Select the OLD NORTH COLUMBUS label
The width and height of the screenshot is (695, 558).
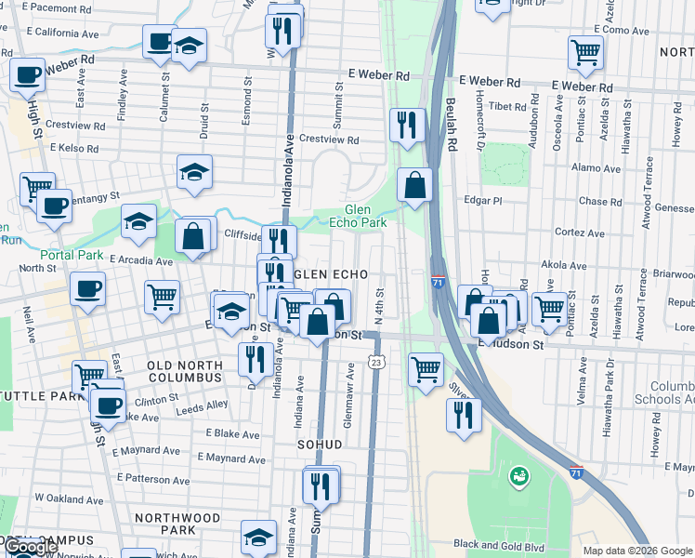pos(184,371)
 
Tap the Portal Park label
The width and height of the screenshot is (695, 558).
pos(72,254)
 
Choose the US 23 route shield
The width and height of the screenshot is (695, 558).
pos(375,360)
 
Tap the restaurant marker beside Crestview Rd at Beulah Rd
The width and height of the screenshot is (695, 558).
pos(407,125)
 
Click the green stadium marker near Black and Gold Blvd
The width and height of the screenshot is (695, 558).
pos(518,477)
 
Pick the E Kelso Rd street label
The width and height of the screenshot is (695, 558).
pos(74,148)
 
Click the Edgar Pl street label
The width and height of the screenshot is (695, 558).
pos(484,200)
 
